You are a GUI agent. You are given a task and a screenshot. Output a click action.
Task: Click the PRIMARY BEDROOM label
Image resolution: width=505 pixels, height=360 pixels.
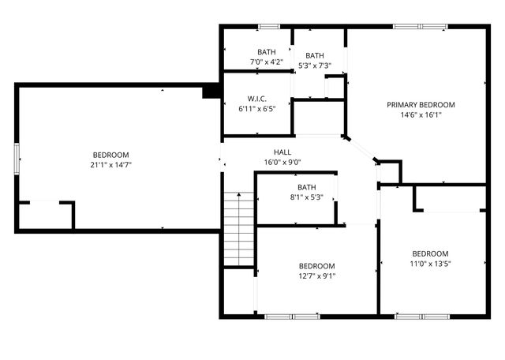421,105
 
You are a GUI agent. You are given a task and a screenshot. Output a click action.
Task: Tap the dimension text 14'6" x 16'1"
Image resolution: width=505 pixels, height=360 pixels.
421,114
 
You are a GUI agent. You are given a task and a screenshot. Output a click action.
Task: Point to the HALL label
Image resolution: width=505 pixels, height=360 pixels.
282,152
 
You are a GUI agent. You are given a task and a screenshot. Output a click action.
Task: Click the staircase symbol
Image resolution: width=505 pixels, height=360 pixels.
238,229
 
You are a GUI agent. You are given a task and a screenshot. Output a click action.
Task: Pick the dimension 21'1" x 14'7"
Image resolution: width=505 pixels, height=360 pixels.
110,165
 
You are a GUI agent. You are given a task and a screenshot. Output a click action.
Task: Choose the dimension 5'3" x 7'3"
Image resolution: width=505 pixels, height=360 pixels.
315,66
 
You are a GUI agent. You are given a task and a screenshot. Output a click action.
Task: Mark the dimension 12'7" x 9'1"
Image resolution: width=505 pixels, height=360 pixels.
316,276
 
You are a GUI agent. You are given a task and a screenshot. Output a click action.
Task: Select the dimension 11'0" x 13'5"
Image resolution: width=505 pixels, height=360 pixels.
430,264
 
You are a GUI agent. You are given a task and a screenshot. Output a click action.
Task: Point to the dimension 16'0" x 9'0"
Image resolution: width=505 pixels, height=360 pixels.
282,163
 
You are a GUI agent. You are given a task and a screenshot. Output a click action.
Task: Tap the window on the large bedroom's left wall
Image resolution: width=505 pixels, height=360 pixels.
17,157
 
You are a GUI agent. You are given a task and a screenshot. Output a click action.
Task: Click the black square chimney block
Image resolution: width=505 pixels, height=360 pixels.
211,91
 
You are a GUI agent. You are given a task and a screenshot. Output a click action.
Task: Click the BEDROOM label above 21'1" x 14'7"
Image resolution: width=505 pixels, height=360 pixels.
110,155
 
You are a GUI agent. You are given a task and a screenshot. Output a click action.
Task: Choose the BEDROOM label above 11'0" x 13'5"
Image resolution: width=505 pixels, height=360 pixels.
430,253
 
